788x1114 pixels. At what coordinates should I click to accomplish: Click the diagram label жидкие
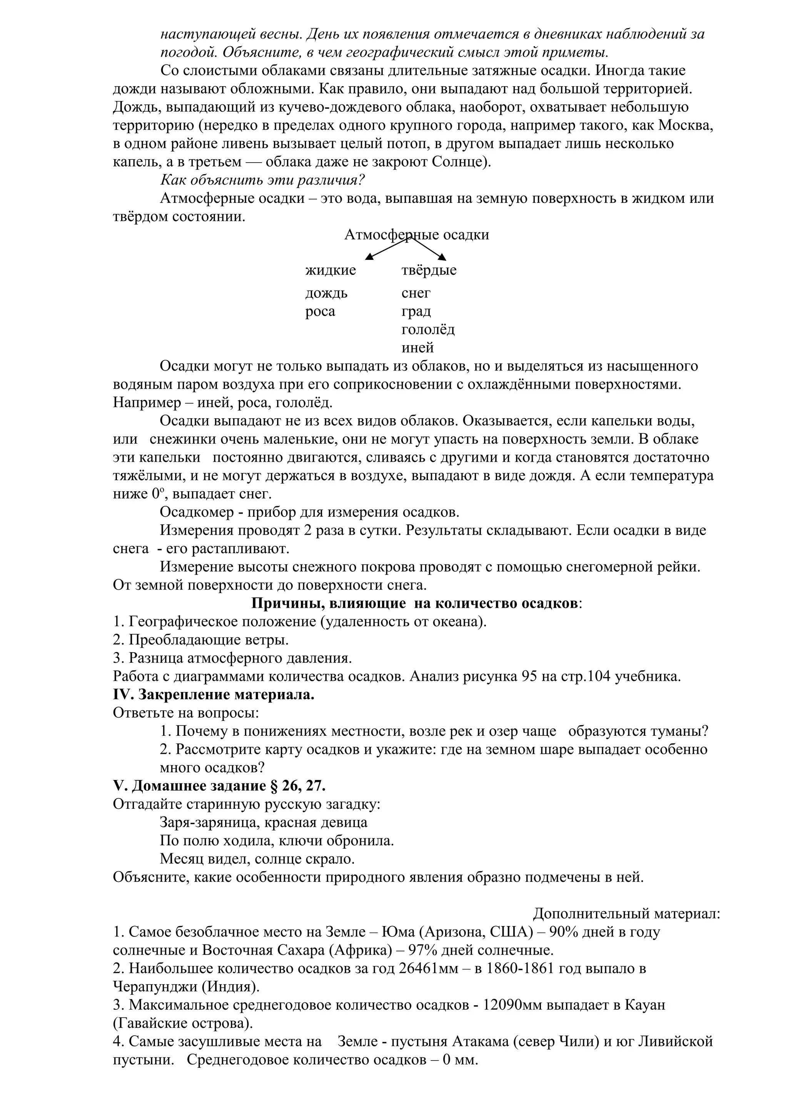330,270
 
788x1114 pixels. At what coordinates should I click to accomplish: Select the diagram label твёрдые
429,270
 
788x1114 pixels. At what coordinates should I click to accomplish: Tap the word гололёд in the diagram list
428,330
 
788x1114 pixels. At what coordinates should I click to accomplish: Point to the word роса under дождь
320,311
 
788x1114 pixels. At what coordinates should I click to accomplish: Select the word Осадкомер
197,512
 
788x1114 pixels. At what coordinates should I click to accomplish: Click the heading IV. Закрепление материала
214,695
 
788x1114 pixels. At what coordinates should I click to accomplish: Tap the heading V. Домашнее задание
219,785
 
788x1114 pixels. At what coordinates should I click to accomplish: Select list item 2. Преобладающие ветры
200,640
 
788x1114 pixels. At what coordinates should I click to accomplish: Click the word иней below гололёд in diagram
417,348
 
